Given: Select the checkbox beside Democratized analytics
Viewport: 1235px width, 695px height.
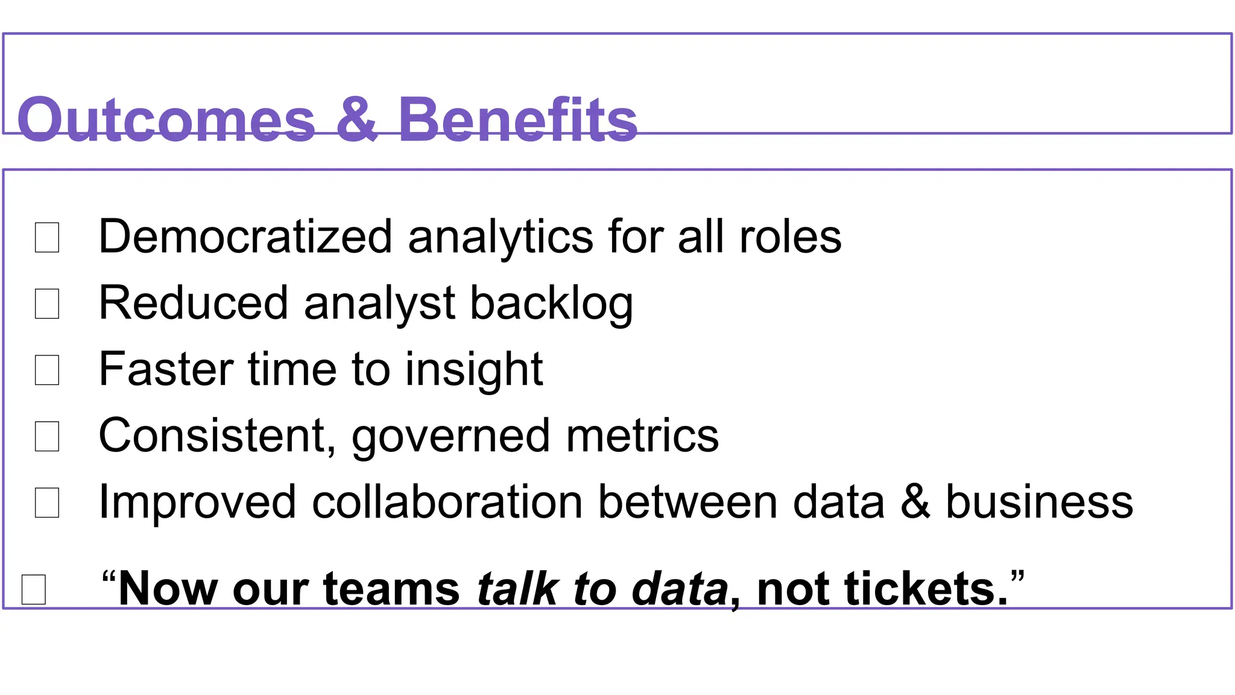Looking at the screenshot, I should point(47,237).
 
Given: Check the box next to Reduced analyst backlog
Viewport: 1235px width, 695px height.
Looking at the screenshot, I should point(47,303).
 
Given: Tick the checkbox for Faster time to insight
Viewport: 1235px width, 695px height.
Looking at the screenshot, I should point(47,370).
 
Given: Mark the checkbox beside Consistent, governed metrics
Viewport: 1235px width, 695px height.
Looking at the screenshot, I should point(47,436).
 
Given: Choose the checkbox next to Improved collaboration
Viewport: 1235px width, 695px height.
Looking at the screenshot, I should point(47,503).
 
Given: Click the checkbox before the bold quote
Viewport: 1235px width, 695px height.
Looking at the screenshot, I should point(34,589).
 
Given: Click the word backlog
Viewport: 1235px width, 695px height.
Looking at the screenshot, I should point(551,303).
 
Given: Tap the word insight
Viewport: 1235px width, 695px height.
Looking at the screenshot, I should point(474,370).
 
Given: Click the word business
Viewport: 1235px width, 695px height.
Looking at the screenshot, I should point(1039,502).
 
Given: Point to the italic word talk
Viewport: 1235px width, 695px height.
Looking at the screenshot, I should point(517,588).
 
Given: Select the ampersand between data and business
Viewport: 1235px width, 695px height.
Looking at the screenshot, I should point(915,502).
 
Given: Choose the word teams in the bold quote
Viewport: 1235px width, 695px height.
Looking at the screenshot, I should point(392,588).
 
